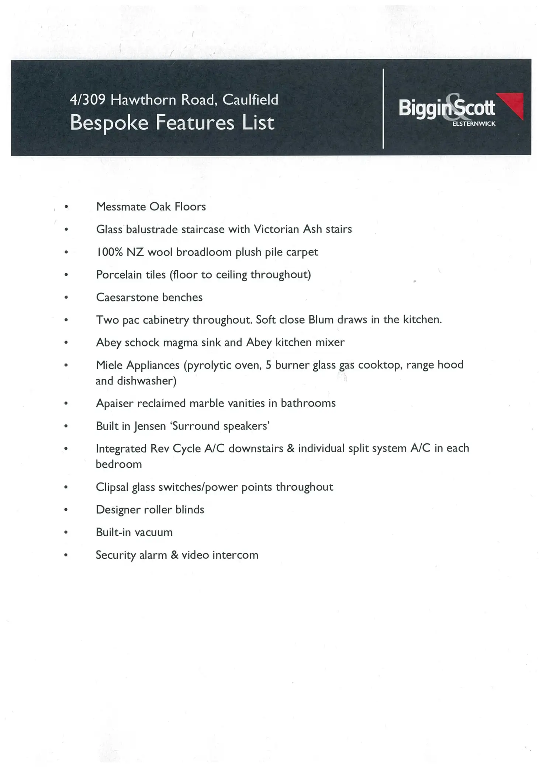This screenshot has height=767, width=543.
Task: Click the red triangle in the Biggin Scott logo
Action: [514, 104]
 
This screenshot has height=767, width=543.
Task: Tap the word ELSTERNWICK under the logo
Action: [474, 124]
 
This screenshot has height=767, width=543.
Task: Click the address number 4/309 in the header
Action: [87, 100]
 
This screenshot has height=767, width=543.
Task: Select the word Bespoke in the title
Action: [109, 123]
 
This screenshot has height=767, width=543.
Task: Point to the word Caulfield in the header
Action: [250, 100]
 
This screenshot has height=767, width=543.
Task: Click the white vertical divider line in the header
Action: [383, 108]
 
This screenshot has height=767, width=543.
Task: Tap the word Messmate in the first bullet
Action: [121, 207]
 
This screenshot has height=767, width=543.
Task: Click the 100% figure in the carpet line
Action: [109, 252]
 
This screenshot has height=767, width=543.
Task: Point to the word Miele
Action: [109, 365]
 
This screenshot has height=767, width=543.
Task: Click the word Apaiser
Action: [114, 403]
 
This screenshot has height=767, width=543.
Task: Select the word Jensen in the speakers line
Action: [150, 426]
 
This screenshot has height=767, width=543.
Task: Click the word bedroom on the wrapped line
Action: [119, 464]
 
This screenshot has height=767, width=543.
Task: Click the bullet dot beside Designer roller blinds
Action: [66, 510]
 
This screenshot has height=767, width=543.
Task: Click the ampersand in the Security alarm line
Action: [174, 555]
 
